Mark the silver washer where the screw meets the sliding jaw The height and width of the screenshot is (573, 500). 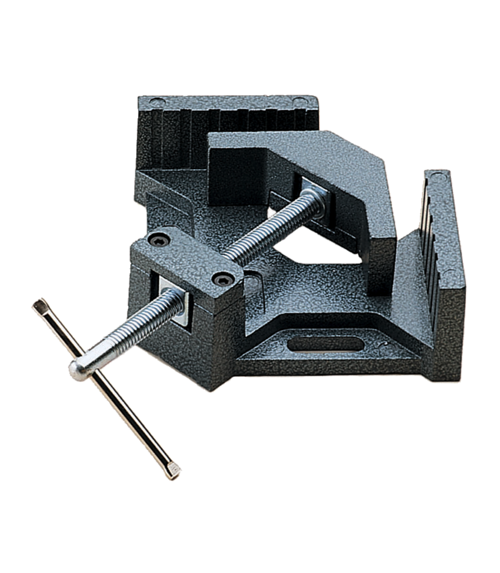point(314,198)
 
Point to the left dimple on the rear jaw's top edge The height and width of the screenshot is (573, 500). point(158,102)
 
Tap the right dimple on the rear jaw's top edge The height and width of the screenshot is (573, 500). point(300,101)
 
